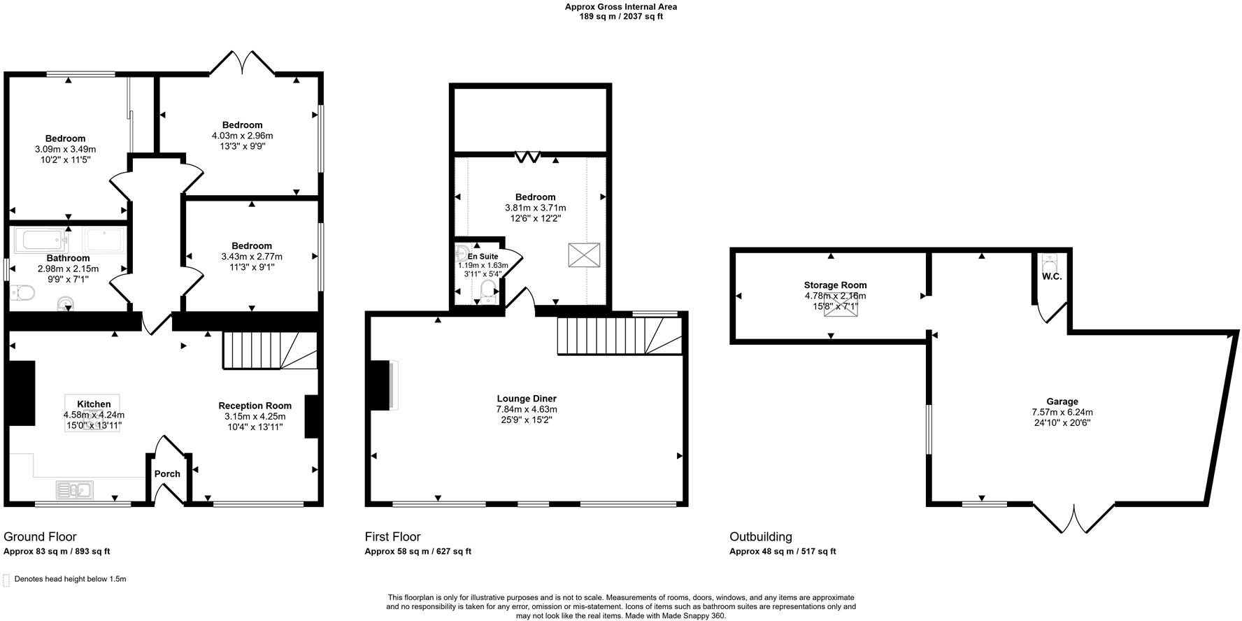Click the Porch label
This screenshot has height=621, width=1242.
coord(167,474)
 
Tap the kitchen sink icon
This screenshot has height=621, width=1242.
coord(75,490)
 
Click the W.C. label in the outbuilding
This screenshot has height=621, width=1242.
coord(1052,277)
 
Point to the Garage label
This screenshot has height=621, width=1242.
coord(1062,401)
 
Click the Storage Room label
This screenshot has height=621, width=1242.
coord(835,285)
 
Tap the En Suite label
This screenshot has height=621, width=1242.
coord(483,257)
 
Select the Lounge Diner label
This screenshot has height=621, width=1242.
coord(527,399)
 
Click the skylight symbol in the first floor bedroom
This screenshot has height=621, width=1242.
coord(584,255)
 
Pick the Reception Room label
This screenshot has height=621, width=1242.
coord(255,406)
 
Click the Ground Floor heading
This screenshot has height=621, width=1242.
coord(40,537)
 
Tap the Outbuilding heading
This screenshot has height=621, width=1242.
coord(761,537)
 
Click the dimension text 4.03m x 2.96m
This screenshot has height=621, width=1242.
coord(242,136)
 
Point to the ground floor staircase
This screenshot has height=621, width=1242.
coord(269,350)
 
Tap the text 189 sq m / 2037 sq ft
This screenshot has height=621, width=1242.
coord(620,17)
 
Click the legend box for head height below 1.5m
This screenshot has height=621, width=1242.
coord(7,580)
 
